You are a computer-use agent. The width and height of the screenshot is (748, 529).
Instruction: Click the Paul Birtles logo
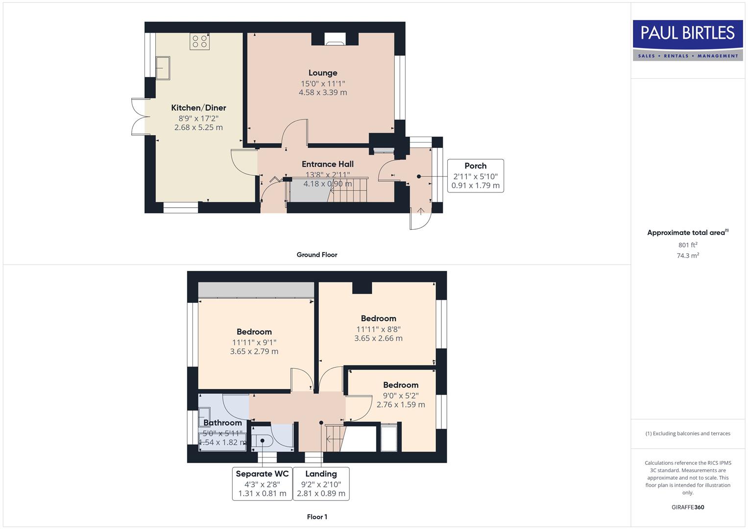687,40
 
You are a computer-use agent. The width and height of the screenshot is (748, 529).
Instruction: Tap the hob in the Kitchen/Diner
199,42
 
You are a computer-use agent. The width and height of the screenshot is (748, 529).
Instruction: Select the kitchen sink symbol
163,68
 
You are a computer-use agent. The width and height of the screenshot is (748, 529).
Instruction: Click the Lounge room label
323,73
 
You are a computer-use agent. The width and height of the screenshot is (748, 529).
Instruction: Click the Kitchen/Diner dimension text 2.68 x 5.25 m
198,127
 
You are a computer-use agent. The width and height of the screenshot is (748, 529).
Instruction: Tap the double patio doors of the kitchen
139,117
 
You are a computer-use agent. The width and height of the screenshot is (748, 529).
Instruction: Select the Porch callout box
475,176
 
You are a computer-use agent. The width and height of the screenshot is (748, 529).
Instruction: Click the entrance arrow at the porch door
420,211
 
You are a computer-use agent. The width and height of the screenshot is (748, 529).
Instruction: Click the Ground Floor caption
317,255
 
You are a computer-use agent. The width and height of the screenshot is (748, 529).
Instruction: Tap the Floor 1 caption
317,517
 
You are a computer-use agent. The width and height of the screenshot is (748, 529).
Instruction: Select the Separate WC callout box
262,483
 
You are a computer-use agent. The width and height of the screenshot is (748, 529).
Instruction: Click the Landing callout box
321,483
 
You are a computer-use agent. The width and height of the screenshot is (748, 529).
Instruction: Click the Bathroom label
222,423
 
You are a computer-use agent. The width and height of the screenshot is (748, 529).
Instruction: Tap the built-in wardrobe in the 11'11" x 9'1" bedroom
256,289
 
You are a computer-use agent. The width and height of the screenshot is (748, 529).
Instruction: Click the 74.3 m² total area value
688,256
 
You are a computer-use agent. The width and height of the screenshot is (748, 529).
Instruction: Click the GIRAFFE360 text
688,507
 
